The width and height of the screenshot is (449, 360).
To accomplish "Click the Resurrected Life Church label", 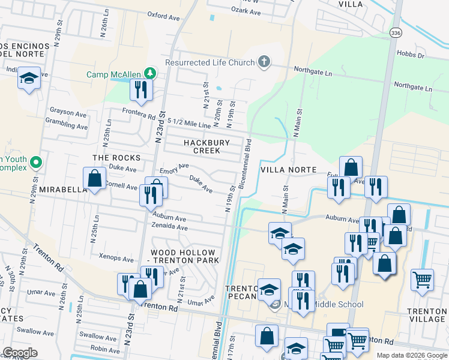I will tap(209, 62).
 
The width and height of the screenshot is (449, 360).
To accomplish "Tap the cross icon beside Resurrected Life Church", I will tap(264, 62).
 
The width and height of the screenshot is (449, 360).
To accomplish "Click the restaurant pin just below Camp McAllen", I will tap(141, 89).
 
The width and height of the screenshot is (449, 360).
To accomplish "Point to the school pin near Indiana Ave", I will tap(28, 79).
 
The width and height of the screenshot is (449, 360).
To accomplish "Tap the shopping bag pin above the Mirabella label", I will tap(94, 178).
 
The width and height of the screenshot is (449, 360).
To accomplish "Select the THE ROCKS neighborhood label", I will tap(116, 158).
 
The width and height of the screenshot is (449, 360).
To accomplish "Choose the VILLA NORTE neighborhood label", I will tap(288, 170).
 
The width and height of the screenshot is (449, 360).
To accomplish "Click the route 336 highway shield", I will tap(395, 32).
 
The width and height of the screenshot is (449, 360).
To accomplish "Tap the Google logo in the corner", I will tap(20, 353).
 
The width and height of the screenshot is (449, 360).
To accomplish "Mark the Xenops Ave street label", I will tap(116, 259).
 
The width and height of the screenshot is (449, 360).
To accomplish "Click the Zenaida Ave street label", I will tap(170, 227).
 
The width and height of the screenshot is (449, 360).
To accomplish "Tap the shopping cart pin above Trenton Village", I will tap(422, 279).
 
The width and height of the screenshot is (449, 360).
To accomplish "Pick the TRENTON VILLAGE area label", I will tap(426, 315).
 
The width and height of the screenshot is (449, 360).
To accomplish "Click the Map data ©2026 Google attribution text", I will tap(411, 355).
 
